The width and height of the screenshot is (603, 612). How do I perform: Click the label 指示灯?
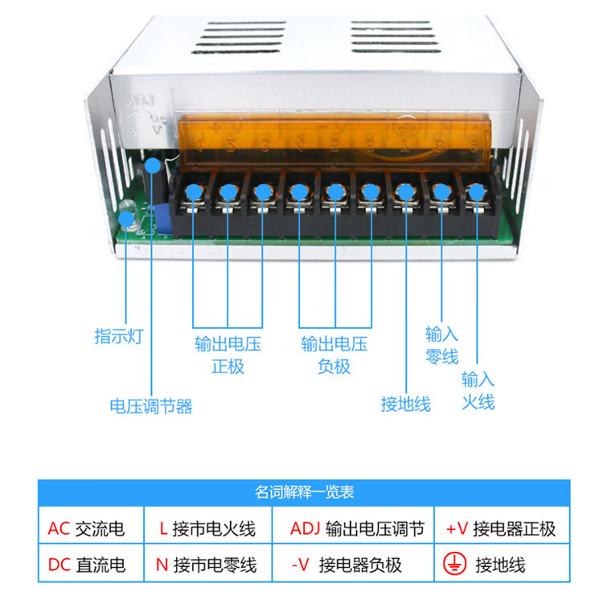coord(118,336)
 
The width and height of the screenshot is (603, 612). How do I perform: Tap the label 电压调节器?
coord(151,406)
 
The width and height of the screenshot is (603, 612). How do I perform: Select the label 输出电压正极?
coord(228,355)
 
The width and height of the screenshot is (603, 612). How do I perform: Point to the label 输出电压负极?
coord(334,355)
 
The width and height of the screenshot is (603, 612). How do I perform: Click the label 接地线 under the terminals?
coord(406,403)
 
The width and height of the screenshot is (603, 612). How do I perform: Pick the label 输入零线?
coord(441,344)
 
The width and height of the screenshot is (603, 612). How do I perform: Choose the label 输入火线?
coord(478,389)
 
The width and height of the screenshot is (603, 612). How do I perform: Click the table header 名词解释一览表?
coord(304,492)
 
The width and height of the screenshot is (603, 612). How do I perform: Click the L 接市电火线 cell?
coord(207,528)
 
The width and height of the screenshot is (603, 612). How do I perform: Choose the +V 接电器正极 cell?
coord(500,528)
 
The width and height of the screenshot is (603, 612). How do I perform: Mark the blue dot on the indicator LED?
coord(125,216)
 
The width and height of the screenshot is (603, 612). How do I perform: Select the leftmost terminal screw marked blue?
coord(194,191)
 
